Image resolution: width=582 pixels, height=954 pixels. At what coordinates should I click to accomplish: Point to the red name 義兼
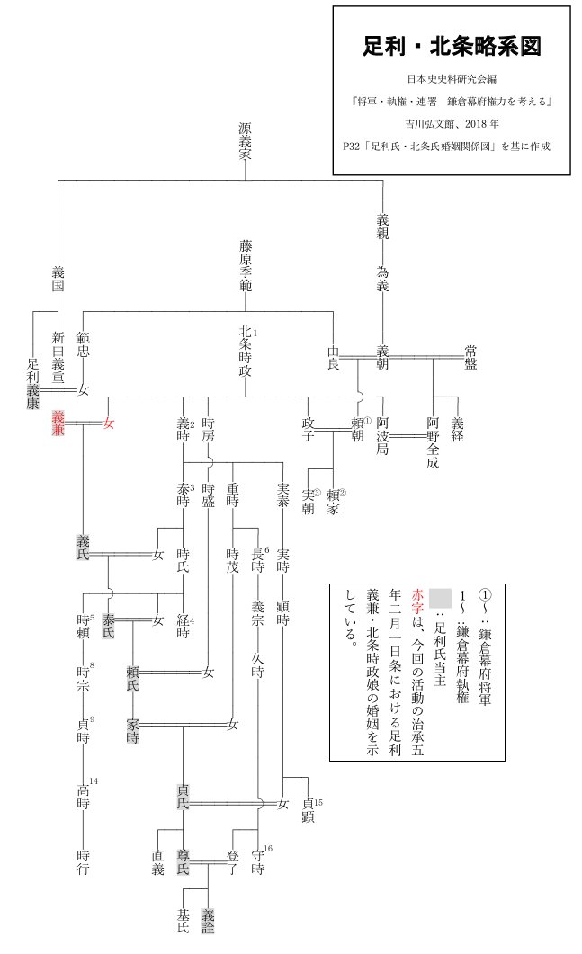pyautogui.click(x=58, y=424)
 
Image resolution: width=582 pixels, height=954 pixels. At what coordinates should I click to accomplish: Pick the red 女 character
pyautogui.click(x=110, y=423)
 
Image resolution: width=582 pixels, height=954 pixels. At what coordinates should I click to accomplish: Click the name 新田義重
pyautogui.click(x=58, y=355)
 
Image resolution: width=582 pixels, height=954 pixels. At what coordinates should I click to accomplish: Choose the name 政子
pyautogui.click(x=309, y=430)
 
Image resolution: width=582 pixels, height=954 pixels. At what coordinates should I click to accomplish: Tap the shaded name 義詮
pyautogui.click(x=209, y=918)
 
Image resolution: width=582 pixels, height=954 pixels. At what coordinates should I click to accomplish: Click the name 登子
pyautogui.click(x=233, y=861)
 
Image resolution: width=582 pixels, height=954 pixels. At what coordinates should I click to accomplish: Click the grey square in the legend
pyautogui.click(x=438, y=599)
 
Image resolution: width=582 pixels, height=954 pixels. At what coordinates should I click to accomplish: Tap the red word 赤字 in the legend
pyautogui.click(x=416, y=602)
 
